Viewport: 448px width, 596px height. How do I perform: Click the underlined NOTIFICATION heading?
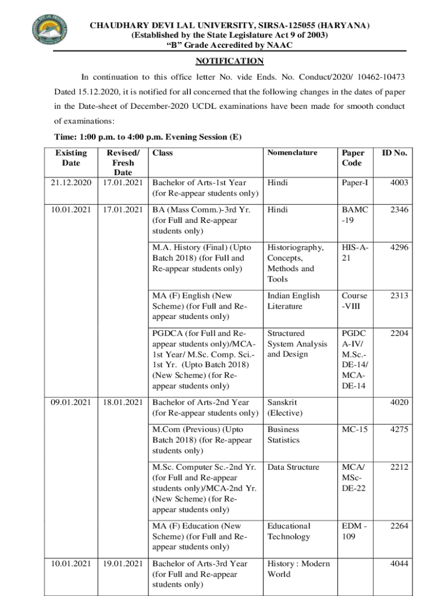229,62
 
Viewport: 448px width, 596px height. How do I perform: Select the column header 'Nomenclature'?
292,153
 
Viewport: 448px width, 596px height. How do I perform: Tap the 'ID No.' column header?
394,153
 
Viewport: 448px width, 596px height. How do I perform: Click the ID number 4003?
399,183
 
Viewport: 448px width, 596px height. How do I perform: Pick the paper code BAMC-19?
354,215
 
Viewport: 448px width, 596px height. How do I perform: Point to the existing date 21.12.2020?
71,183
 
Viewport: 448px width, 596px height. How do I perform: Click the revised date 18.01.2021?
123,402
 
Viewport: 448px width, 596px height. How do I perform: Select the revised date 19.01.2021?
123,563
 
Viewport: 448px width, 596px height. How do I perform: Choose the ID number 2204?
399,334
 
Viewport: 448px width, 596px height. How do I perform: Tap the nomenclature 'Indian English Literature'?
293,301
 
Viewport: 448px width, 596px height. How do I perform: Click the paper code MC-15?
354,430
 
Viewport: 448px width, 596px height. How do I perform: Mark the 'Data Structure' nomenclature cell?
293,467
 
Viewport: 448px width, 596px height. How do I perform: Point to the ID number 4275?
399,430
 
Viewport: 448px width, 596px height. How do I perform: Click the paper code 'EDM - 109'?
354,531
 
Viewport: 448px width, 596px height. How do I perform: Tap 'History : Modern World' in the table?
298,569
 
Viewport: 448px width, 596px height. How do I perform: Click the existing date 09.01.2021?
71,402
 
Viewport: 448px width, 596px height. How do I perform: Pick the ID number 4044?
399,563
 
